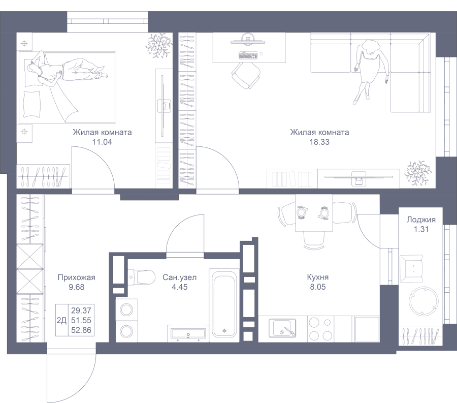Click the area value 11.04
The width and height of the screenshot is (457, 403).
[x=102, y=142]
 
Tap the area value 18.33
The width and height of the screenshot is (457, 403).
[x=319, y=142]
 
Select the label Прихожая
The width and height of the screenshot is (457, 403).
[x=76, y=277]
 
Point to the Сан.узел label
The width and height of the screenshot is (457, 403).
[x=180, y=277]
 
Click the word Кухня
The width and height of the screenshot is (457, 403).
[x=318, y=277]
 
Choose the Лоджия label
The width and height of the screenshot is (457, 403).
[x=421, y=220]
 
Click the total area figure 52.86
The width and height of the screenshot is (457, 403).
[x=81, y=330]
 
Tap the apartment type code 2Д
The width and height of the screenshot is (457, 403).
[x=61, y=321]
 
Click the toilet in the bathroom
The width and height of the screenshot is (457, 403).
[x=142, y=277]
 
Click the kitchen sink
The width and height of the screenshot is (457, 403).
[x=282, y=327]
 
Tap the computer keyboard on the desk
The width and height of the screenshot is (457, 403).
[x=248, y=55]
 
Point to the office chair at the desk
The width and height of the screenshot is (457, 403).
[x=246, y=75]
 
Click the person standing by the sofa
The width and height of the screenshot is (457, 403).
[x=370, y=69]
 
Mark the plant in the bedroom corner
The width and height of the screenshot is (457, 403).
[x=158, y=46]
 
